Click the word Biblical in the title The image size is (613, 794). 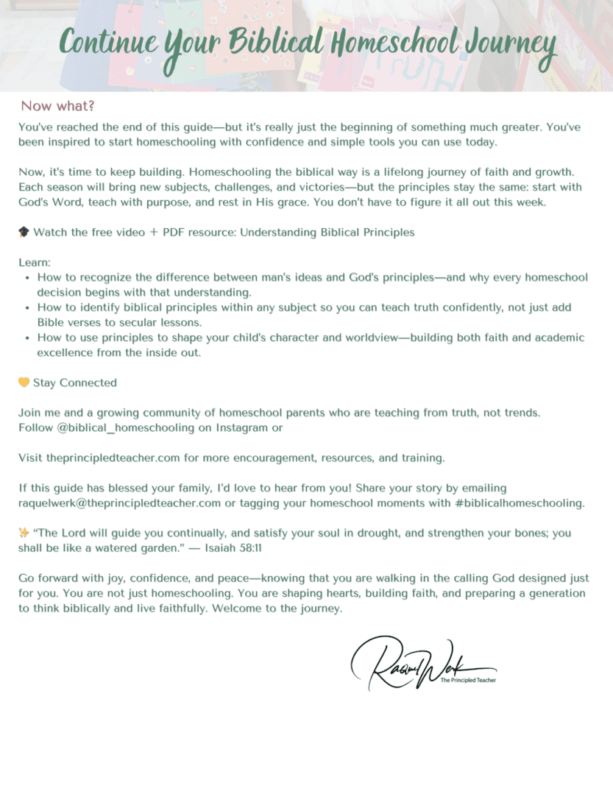(x=276, y=43)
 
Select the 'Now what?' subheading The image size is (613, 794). (x=57, y=106)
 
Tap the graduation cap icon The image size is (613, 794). (x=24, y=233)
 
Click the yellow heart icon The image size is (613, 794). (x=24, y=383)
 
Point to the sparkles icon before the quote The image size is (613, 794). (x=24, y=533)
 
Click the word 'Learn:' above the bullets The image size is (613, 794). (x=34, y=263)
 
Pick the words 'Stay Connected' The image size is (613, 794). (x=75, y=383)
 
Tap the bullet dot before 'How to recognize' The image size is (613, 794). (x=27, y=278)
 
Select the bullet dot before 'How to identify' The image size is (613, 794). (x=27, y=308)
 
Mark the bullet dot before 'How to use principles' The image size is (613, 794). (x=27, y=338)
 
